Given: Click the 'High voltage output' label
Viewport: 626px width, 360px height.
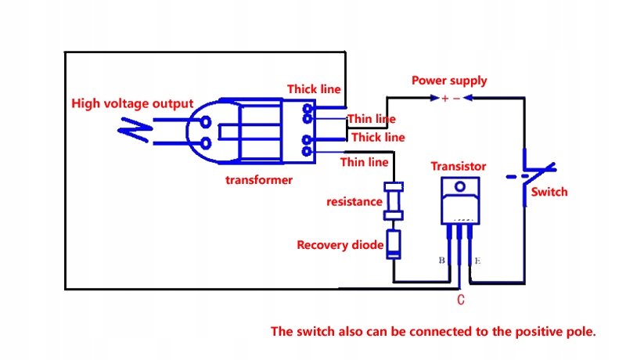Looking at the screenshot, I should point(132,103).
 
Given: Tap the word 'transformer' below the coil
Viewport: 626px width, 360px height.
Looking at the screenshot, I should point(259,180).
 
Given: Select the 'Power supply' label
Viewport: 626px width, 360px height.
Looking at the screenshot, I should point(449,81).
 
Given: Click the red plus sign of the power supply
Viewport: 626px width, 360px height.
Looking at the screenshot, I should point(444,99).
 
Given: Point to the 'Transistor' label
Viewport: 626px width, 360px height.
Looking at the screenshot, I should point(459,166).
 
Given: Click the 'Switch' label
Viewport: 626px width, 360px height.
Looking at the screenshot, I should point(549,192).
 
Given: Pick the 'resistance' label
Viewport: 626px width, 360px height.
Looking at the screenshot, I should point(354,202).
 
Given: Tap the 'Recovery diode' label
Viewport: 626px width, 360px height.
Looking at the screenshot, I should point(340,245).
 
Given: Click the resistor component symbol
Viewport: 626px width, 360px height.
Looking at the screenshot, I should point(394,202).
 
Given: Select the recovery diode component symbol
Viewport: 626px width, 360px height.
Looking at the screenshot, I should point(394,245).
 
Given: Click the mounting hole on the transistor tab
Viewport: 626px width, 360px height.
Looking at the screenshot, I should point(459,187).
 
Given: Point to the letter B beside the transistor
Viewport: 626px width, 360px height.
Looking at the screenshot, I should point(442,261).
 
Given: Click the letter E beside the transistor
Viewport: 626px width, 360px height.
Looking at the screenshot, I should point(478,261).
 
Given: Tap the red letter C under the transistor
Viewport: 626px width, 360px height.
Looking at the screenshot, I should point(461,299).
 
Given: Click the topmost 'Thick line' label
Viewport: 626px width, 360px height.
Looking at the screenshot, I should point(314,89).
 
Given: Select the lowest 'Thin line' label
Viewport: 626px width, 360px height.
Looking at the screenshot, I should point(364,162).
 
